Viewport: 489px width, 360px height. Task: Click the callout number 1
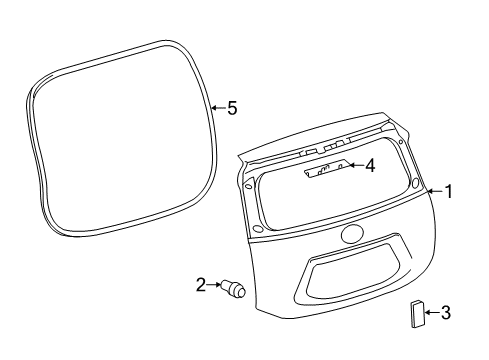[x=449, y=191]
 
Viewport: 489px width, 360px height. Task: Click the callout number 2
[x=201, y=286]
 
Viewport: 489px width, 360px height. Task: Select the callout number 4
[x=369, y=165]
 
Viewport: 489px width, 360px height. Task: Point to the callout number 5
[x=231, y=108]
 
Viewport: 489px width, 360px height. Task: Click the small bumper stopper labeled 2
[x=237, y=290]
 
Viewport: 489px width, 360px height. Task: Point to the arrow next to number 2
[x=216, y=286]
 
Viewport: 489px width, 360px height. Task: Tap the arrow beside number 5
[x=217, y=108]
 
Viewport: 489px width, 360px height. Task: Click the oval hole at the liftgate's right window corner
[x=414, y=184]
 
